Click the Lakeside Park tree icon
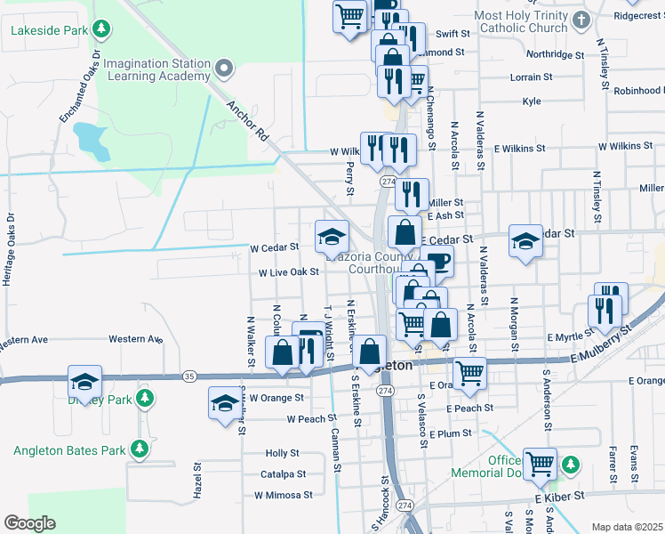tap(102, 29)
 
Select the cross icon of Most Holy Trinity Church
tap(581, 20)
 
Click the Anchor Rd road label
tap(247, 121)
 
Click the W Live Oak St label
tap(288, 272)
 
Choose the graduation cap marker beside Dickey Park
tap(85, 382)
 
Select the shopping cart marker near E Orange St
tap(469, 372)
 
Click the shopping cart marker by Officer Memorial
tap(539, 463)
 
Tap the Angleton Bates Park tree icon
tap(139, 449)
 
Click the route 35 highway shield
tap(188, 376)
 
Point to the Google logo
tap(29, 523)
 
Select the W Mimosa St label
tap(283, 495)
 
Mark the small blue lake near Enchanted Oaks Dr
tap(89, 137)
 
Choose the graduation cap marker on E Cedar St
tap(525, 241)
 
